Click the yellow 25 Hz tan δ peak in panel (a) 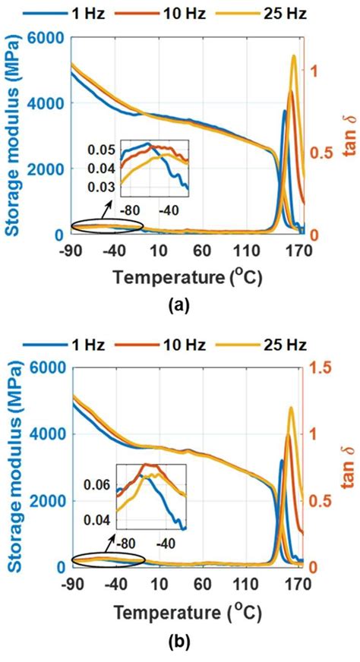pos(294,56)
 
